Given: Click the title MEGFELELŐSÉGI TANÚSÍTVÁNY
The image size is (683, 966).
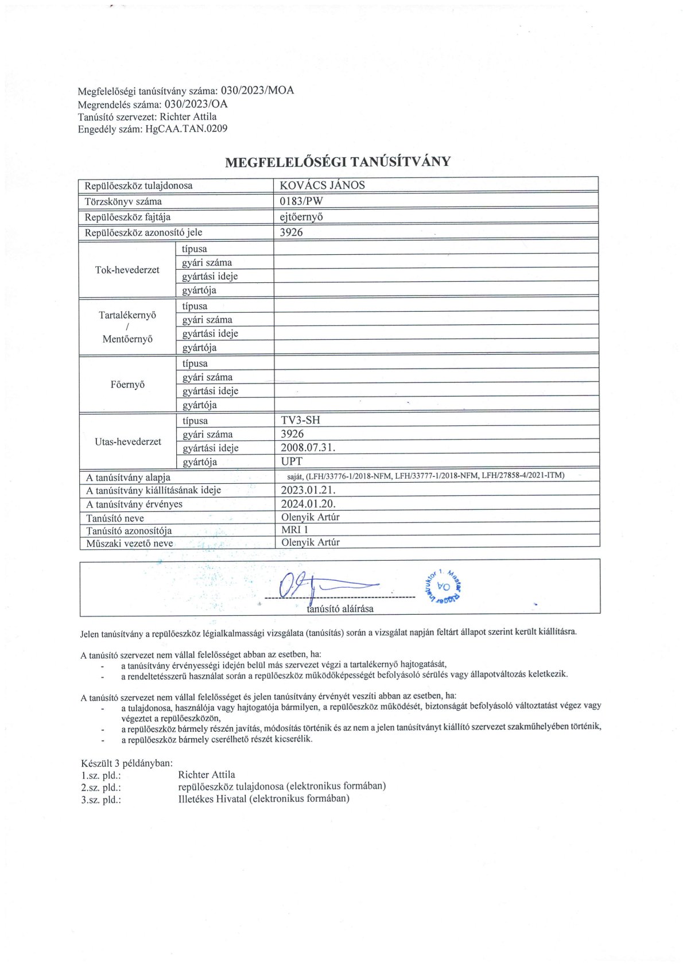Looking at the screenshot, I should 337,162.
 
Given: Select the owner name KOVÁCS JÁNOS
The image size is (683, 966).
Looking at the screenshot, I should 322,185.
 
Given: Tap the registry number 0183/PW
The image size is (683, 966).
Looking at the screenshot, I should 302,201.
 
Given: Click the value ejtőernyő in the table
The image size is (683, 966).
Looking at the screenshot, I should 301,217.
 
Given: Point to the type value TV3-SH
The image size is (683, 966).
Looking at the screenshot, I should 300,420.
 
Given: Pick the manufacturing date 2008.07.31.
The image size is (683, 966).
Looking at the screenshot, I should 308,448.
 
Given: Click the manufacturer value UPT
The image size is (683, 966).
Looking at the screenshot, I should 292,461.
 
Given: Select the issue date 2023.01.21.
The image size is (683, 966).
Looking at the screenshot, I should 308,490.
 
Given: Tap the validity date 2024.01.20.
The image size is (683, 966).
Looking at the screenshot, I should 308,504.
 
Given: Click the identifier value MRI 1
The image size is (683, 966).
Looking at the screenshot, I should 294,530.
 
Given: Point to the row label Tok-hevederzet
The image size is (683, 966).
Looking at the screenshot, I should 127,270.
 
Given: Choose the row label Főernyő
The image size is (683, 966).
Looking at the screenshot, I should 127,385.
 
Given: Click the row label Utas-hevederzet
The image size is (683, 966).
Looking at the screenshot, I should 127,441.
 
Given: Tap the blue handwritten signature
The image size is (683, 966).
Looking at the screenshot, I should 321,585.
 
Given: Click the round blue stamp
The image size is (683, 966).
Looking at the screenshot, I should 444,587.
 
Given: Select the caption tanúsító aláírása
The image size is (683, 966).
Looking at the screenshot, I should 340,608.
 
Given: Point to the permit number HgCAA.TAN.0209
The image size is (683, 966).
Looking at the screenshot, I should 187,129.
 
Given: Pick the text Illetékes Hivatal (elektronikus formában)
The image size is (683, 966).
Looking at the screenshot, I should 263,798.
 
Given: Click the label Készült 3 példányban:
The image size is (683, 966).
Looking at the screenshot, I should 127,763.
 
